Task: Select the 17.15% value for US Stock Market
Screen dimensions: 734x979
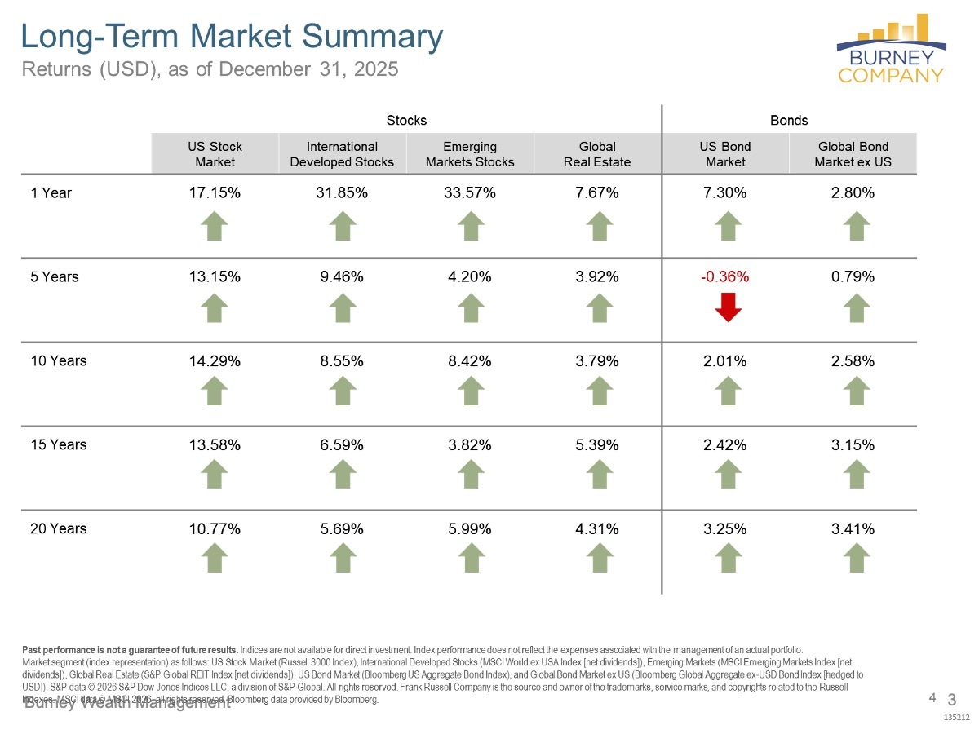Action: coord(215,193)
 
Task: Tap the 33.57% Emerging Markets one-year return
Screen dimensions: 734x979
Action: coord(470,193)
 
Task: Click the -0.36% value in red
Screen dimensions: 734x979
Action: coord(725,276)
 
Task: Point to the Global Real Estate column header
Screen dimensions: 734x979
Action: coord(597,154)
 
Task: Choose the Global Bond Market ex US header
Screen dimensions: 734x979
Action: coord(853,154)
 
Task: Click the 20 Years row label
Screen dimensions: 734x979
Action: coord(58,528)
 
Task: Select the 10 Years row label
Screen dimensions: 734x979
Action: coord(58,360)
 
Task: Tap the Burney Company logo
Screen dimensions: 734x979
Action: coord(891,49)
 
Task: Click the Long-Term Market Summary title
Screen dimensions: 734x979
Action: coord(231,37)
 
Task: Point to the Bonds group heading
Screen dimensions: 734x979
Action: coord(789,121)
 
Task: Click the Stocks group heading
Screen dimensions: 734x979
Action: coord(406,121)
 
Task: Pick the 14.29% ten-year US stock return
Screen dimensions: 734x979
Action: coord(215,360)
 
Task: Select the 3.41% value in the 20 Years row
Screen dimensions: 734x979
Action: coord(853,529)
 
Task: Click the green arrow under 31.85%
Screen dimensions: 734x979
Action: coord(343,225)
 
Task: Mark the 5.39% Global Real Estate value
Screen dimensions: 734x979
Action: coord(597,444)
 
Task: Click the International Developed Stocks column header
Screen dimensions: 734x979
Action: coord(342,154)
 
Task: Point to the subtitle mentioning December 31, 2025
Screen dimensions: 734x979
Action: coord(210,69)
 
